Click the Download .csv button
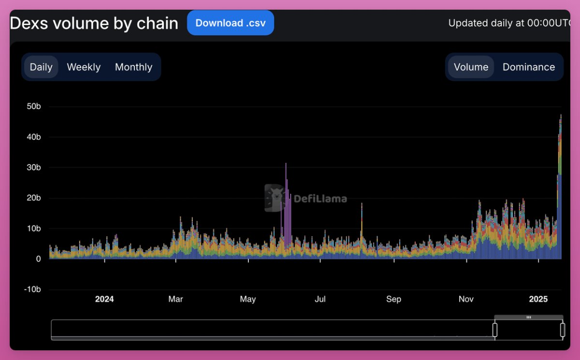click(231, 23)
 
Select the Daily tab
click(41, 67)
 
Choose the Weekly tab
click(84, 67)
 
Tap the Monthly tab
click(133, 67)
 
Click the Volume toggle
click(471, 67)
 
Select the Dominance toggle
click(528, 67)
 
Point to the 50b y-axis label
click(34, 106)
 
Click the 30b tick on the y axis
click(34, 168)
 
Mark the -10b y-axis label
click(32, 289)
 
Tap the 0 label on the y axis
click(38, 259)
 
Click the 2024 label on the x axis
click(104, 299)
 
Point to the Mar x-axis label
click(175, 299)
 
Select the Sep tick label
click(393, 299)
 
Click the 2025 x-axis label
click(538, 299)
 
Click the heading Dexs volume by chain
click(94, 23)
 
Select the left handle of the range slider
click(495, 330)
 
